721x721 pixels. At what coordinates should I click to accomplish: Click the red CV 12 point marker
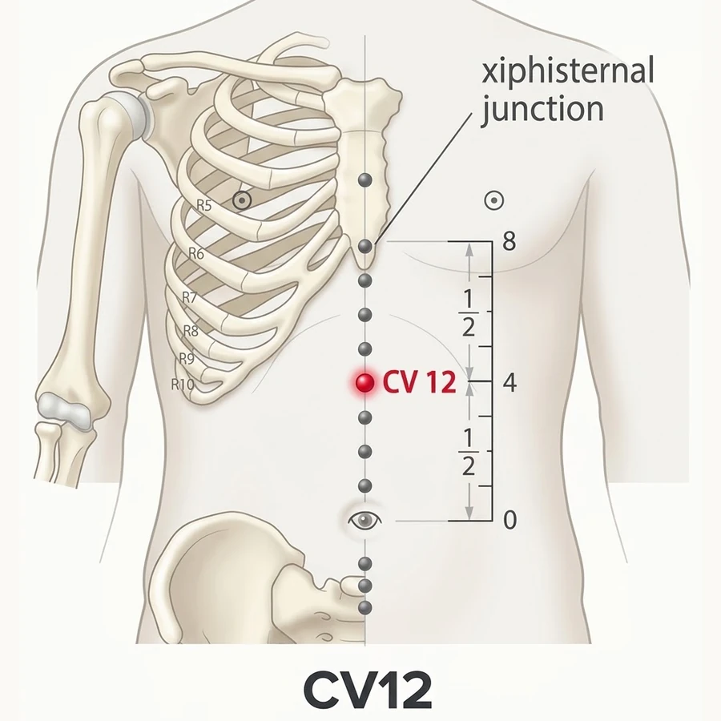(365, 383)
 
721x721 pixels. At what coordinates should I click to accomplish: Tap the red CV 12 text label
(419, 383)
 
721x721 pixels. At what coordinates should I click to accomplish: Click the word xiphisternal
(567, 72)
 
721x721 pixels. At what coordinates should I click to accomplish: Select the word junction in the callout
(542, 111)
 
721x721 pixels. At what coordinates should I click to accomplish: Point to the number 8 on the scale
(509, 240)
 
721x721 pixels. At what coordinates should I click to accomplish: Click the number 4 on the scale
(510, 382)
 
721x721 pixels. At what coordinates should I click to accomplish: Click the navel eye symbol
(365, 520)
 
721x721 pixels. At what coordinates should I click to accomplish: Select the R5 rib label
(204, 206)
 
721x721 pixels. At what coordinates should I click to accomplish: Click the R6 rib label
(196, 253)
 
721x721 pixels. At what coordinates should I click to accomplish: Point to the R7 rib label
(189, 298)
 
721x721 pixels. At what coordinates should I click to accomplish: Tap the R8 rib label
(191, 331)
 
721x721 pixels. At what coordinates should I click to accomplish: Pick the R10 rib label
(183, 384)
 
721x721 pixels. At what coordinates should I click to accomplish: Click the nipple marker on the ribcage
(242, 200)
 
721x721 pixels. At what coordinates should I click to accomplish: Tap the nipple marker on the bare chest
(494, 200)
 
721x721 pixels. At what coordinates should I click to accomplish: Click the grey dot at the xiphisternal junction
(365, 246)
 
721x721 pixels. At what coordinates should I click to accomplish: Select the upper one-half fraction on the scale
(468, 313)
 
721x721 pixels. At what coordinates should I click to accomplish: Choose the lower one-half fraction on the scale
(468, 453)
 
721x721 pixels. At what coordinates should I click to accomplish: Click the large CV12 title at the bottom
(368, 691)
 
